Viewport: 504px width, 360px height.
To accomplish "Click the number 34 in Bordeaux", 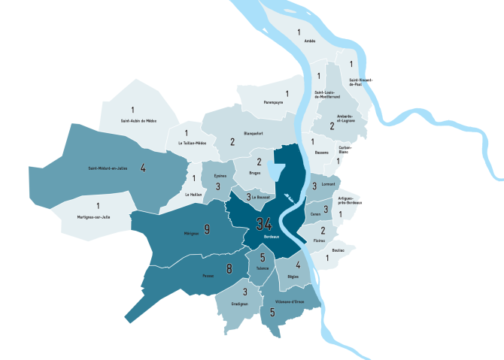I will coord(264,224).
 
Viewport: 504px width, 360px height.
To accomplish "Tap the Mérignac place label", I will coord(191,234).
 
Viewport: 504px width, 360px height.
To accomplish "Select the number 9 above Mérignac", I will coord(207,228).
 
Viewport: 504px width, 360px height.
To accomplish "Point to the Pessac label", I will coord(208,276).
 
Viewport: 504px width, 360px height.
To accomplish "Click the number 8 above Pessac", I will coord(229,268).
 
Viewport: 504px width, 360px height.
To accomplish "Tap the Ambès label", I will coord(309,41).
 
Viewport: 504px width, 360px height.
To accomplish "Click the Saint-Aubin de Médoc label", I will coord(138,120).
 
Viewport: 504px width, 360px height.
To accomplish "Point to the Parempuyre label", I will coord(273,101).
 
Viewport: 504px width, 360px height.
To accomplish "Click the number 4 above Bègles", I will coord(299,265).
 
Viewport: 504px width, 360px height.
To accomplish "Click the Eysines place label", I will coord(219,176).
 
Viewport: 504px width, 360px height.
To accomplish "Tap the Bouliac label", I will coord(337,250).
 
